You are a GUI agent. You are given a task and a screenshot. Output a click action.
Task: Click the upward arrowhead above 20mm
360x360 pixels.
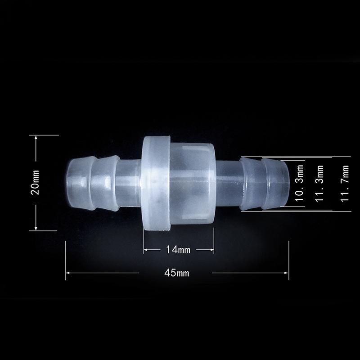pos(36,138)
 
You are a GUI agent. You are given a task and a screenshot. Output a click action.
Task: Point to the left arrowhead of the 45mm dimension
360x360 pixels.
pos(68,273)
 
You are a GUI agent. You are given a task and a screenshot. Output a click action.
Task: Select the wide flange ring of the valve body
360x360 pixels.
pos(155,182)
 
